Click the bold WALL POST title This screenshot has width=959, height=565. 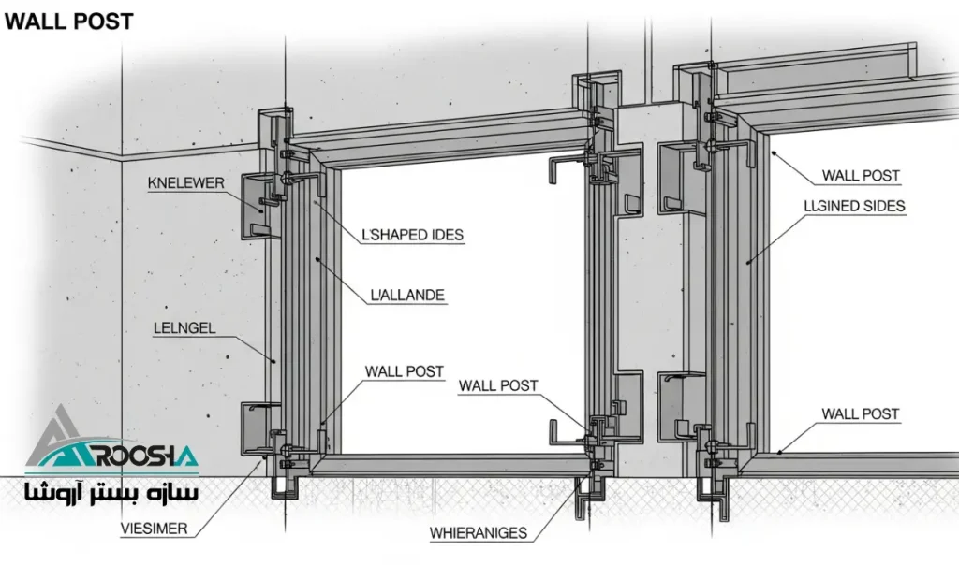click(x=68, y=22)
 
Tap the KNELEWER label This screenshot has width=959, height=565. click(x=186, y=183)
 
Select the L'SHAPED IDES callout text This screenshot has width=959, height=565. click(x=413, y=235)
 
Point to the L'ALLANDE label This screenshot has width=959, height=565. click(x=407, y=296)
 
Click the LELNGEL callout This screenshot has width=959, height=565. click(x=184, y=328)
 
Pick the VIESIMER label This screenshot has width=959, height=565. click(x=155, y=529)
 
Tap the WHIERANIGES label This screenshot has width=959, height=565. click(x=479, y=533)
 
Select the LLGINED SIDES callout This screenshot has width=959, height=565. click(x=855, y=206)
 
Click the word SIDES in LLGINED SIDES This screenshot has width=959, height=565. click(x=884, y=206)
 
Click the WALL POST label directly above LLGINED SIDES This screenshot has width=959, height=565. click(x=861, y=175)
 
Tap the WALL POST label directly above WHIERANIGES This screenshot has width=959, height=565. click(x=498, y=385)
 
